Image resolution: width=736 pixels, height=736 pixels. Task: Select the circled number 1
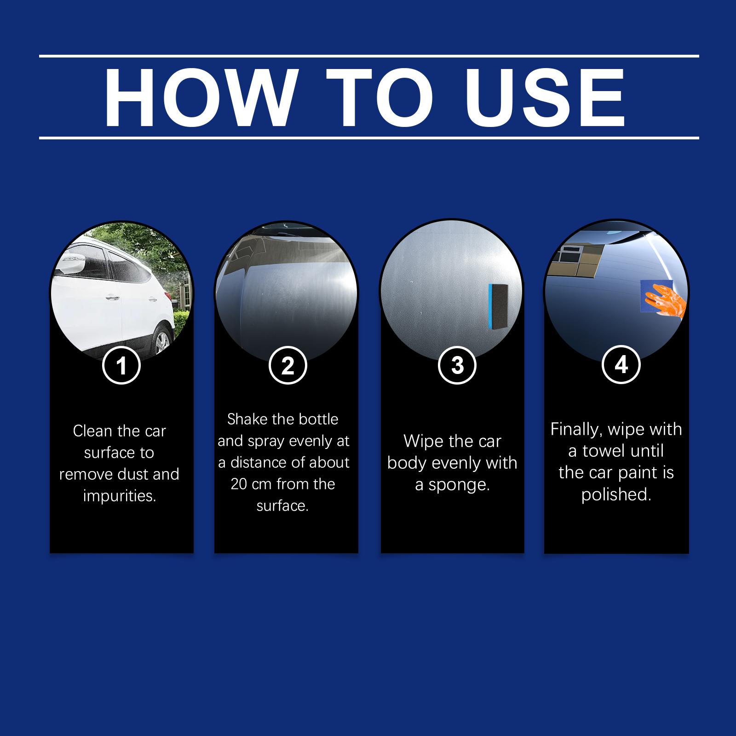click(121, 366)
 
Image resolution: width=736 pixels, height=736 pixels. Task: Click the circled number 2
click(287, 366)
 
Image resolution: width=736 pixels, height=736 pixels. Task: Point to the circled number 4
click(621, 365)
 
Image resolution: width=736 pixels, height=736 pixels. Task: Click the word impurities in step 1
click(120, 496)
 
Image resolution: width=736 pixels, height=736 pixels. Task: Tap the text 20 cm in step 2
click(251, 484)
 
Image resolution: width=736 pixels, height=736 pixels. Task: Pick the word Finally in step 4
click(577, 430)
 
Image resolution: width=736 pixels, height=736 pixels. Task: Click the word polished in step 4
click(616, 494)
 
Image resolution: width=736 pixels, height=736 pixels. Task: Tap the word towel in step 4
click(607, 451)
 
